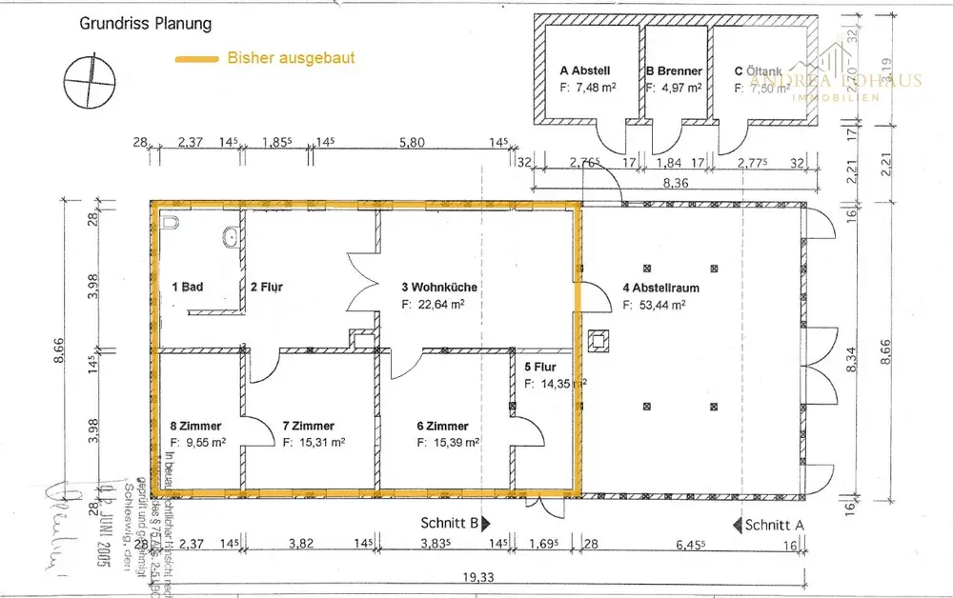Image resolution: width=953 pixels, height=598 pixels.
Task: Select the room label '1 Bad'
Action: tap(188, 287)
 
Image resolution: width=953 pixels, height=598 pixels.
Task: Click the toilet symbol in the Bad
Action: tap(172, 223)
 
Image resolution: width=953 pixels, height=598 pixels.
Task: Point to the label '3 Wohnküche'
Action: tap(439, 287)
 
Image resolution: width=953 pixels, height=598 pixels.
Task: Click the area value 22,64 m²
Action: tap(433, 305)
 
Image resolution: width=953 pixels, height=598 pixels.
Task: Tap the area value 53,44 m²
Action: tap(655, 306)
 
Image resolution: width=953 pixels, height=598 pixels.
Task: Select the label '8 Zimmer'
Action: tap(195, 427)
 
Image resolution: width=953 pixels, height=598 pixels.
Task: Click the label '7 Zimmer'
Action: tap(309, 427)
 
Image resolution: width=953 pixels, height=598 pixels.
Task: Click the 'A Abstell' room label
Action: tap(584, 70)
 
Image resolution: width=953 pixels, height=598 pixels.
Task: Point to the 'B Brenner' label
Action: tap(674, 70)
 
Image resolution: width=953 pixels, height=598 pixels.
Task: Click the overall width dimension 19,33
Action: tap(480, 576)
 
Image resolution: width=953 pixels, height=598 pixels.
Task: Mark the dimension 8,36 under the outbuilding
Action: tap(676, 184)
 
